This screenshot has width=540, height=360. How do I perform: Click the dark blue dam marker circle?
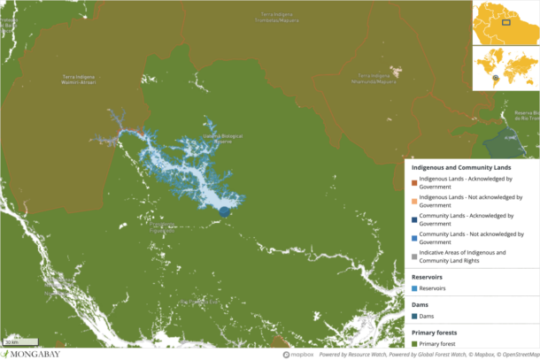point(224,211)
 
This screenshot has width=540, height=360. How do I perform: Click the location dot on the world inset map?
point(496,78)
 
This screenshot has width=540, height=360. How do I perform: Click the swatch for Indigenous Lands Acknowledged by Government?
point(414,181)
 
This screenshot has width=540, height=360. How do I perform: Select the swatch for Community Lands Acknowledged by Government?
point(414,218)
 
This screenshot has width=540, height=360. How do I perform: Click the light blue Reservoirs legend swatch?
point(414,288)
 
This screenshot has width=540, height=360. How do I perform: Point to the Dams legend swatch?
point(414,317)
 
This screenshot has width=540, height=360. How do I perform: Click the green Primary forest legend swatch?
point(414,344)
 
